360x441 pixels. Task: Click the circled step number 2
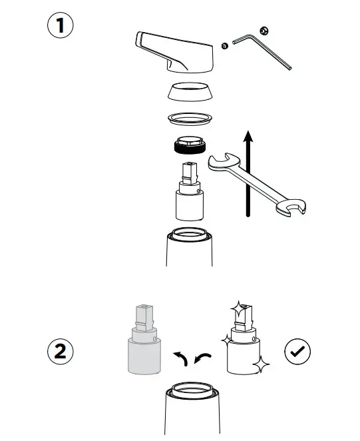tap(61, 352)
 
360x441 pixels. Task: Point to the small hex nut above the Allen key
tap(264, 30)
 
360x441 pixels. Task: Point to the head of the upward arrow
tap(248, 136)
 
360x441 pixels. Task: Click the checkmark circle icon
tap(297, 351)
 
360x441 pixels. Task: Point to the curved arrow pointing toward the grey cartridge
tap(179, 359)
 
